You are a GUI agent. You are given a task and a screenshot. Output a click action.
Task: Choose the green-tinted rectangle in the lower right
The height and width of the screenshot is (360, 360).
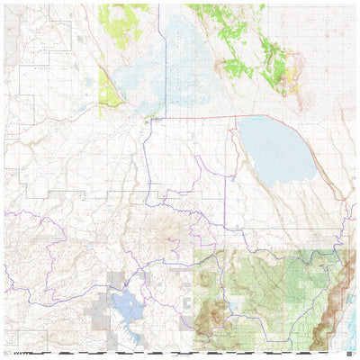(270, 288)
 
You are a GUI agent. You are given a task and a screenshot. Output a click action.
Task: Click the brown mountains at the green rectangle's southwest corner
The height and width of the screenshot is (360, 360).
(212, 315)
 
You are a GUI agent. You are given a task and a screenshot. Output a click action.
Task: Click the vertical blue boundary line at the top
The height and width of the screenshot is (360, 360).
(160, 36)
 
